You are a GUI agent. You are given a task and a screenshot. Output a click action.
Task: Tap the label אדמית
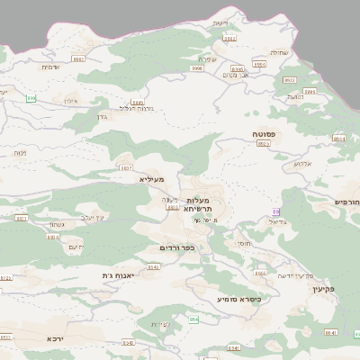coord(51,67)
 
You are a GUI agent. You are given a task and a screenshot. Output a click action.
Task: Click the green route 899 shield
coord(33,98)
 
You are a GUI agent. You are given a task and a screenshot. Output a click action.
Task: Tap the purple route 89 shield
coord(275,211)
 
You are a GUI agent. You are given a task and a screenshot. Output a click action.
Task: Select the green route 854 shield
coord(193,319)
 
